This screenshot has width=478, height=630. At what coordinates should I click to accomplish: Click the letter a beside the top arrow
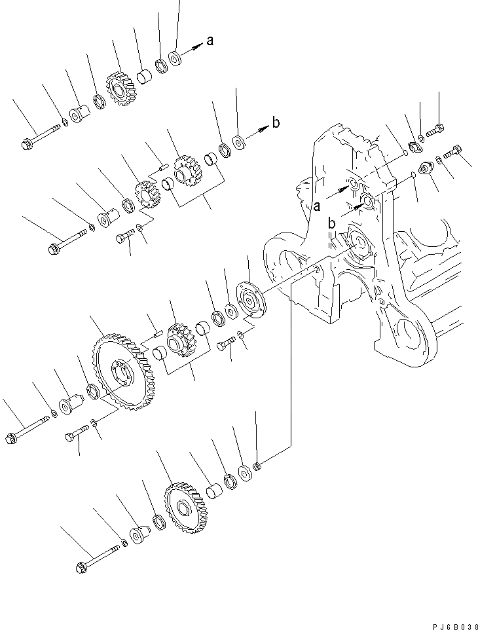pyautogui.click(x=210, y=41)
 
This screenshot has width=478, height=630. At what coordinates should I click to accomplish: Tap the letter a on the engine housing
pyautogui.click(x=316, y=207)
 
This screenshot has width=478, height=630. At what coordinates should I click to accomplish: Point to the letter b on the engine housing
pyautogui.click(x=332, y=223)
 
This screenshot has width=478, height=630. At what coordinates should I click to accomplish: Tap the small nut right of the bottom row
pyautogui.click(x=258, y=466)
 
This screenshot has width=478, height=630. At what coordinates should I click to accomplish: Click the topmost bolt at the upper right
pyautogui.click(x=436, y=131)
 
